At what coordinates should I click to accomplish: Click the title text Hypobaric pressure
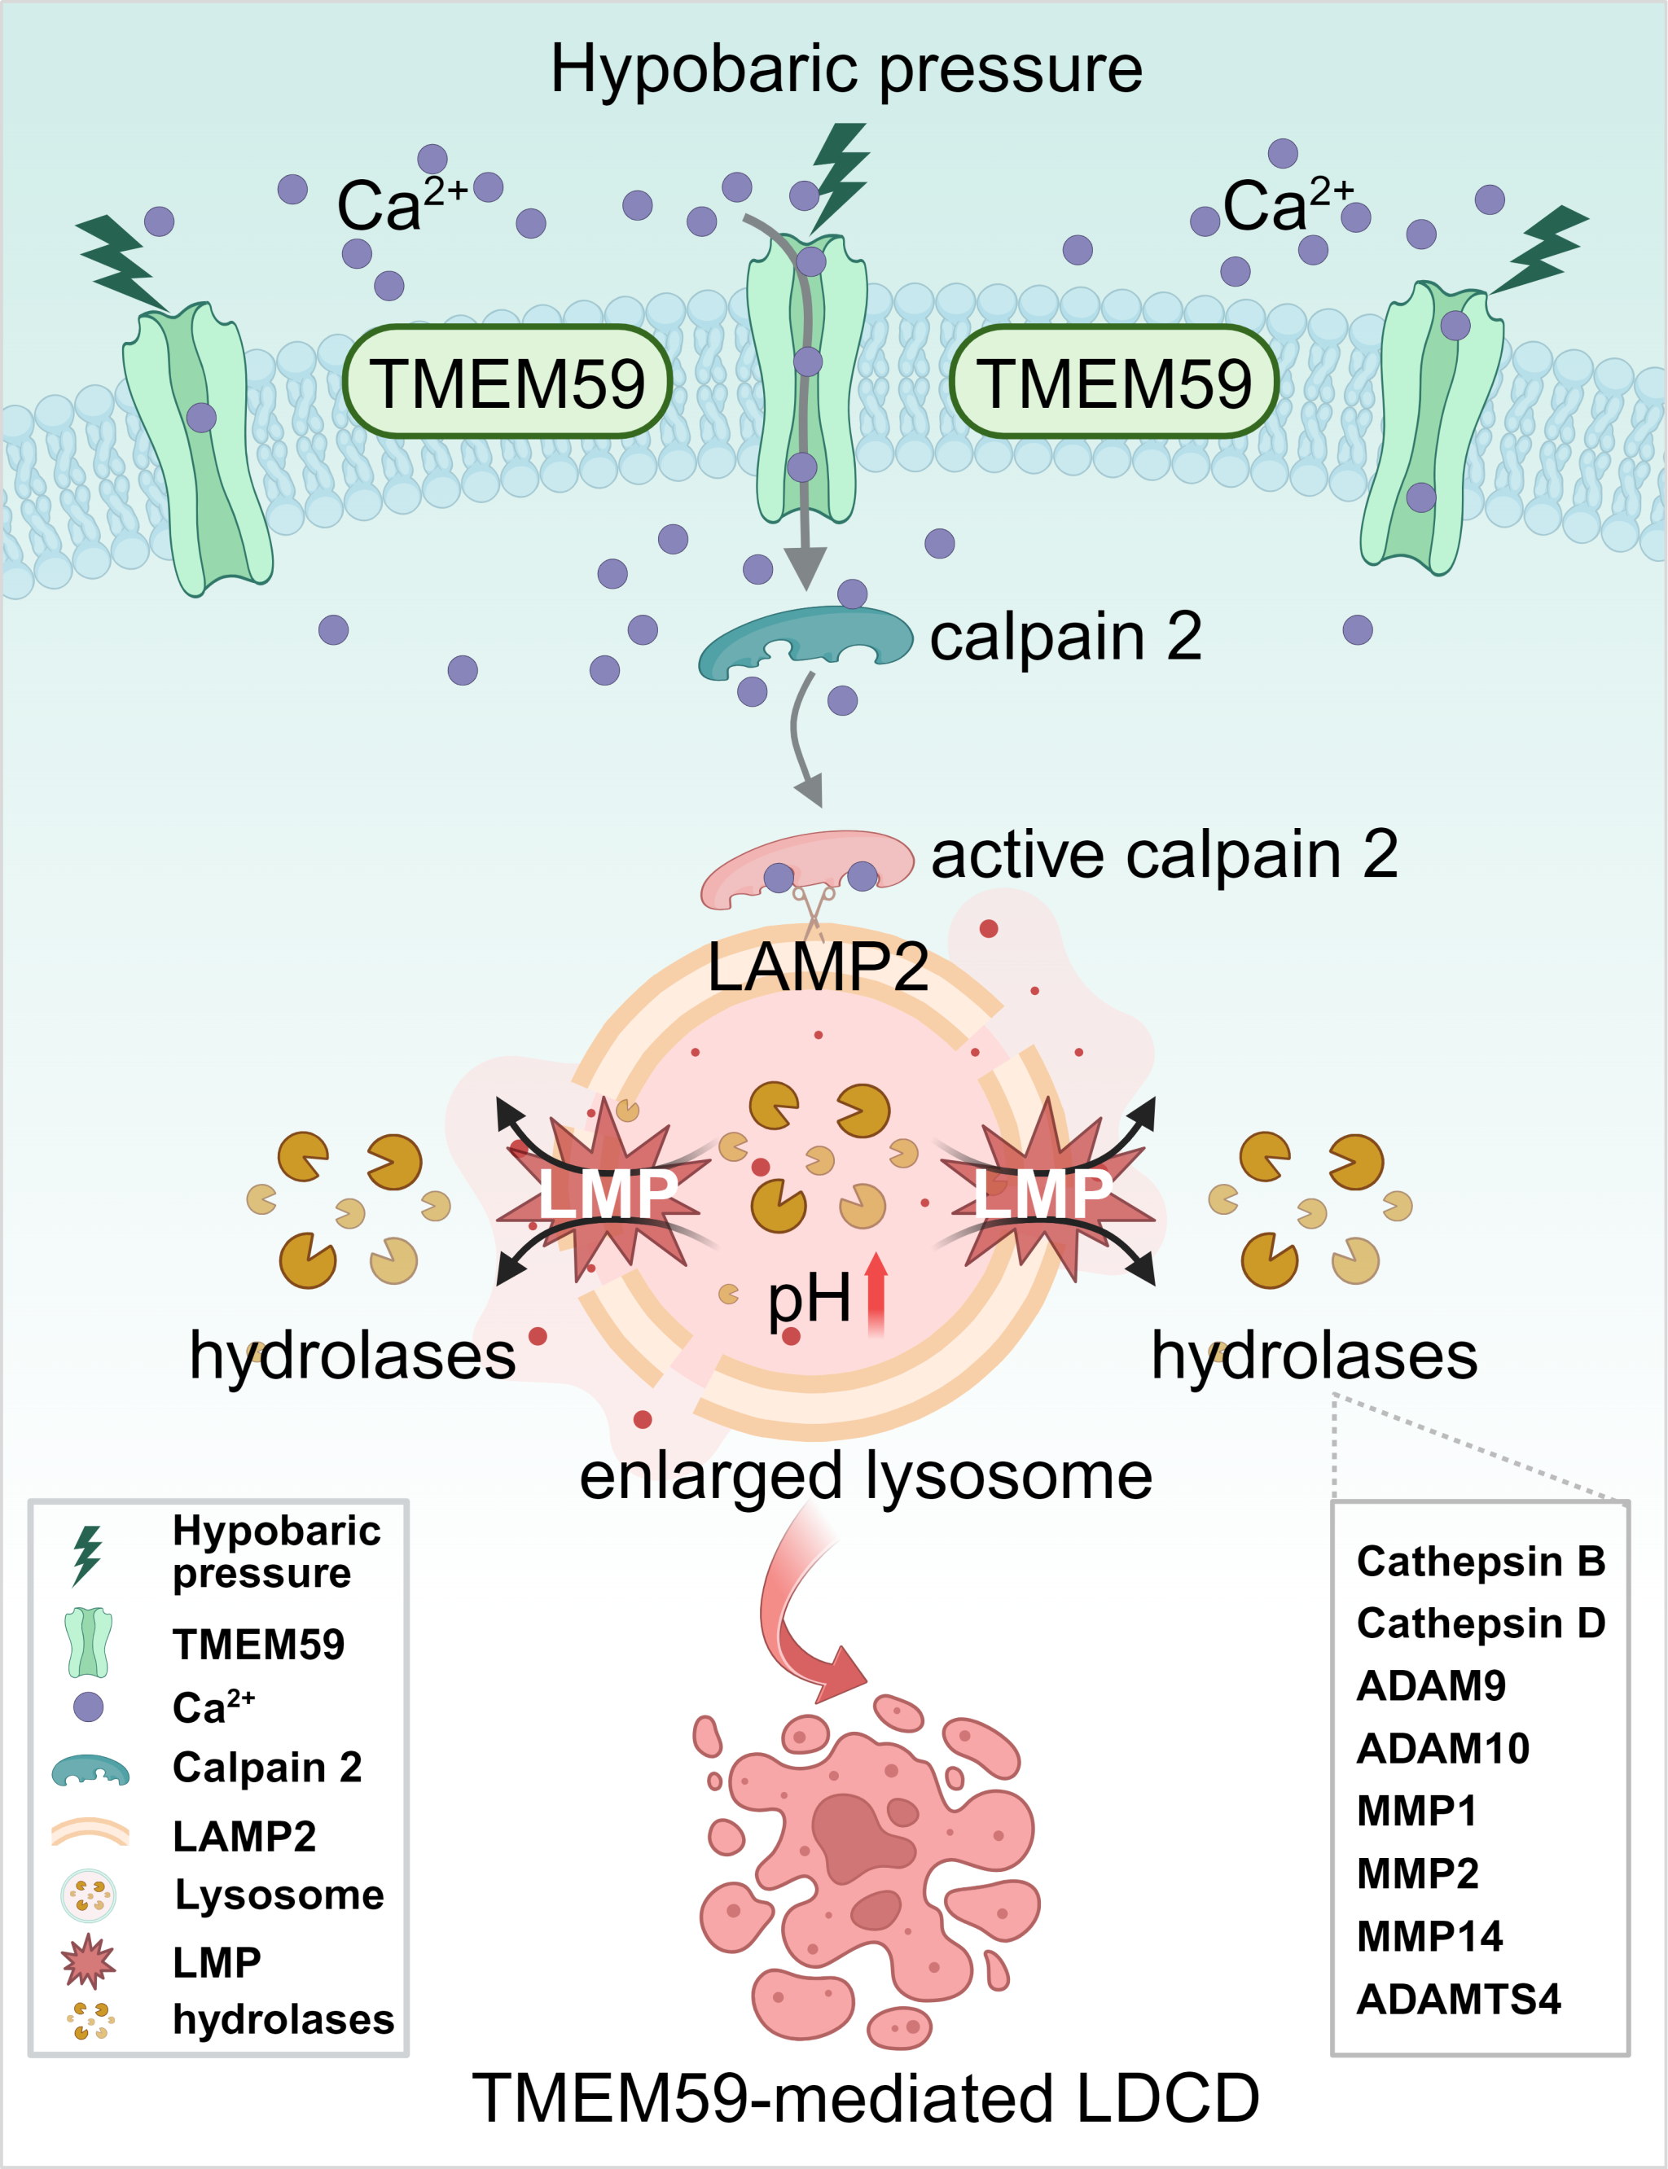[x=846, y=69]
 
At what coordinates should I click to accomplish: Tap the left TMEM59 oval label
[x=507, y=382]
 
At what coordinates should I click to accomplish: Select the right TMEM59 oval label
[x=1114, y=382]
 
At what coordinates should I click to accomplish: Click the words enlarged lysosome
[x=866, y=1476]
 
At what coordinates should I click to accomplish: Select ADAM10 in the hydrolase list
[x=1442, y=1748]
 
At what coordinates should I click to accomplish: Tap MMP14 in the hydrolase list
[x=1429, y=1935]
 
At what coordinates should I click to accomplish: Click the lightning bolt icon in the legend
[x=87, y=1554]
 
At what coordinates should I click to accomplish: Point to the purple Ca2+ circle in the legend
[x=88, y=1707]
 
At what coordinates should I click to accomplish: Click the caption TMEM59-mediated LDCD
[x=866, y=2097]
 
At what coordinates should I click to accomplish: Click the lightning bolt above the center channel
[x=840, y=173]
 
